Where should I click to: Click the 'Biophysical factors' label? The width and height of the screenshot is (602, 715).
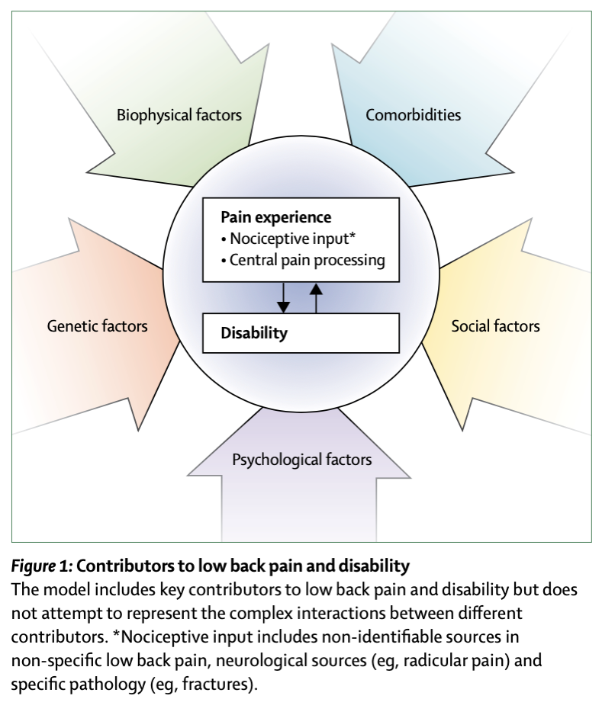(x=179, y=115)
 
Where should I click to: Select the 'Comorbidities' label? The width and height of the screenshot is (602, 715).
(x=413, y=115)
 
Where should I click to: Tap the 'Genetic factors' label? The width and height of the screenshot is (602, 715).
(x=97, y=326)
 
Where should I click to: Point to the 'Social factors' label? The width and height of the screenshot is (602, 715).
(x=495, y=326)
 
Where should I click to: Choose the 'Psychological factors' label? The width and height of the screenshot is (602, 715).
(x=301, y=460)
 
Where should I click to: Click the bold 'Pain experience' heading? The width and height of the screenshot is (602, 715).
(x=275, y=217)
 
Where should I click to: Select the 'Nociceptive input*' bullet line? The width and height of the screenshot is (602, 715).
(x=288, y=239)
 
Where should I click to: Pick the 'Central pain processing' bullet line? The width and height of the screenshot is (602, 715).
(x=303, y=260)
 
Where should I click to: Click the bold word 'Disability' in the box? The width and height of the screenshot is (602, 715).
(x=254, y=333)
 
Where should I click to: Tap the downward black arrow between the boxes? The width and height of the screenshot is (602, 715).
(x=283, y=298)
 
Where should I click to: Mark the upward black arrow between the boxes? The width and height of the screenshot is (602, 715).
(x=316, y=298)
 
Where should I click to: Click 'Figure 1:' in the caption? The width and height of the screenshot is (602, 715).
(x=42, y=566)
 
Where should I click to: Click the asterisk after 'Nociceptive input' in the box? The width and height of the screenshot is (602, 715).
(x=352, y=236)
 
